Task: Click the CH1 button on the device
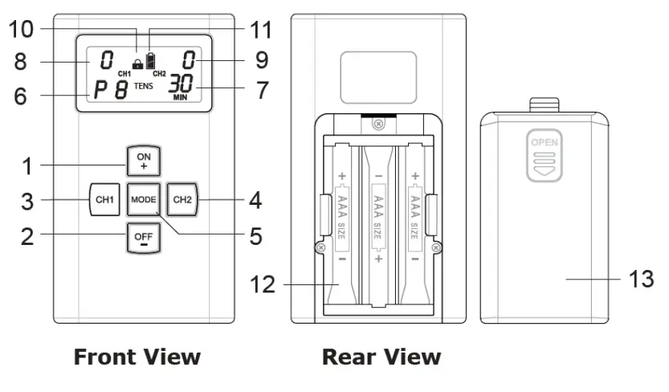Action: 104,198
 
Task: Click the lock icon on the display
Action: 137,63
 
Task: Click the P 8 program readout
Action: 111,89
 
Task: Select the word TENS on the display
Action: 143,84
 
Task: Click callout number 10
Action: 22,30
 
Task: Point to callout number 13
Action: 641,279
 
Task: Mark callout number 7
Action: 262,89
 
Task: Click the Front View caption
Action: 137,357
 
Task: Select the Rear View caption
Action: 381,357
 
